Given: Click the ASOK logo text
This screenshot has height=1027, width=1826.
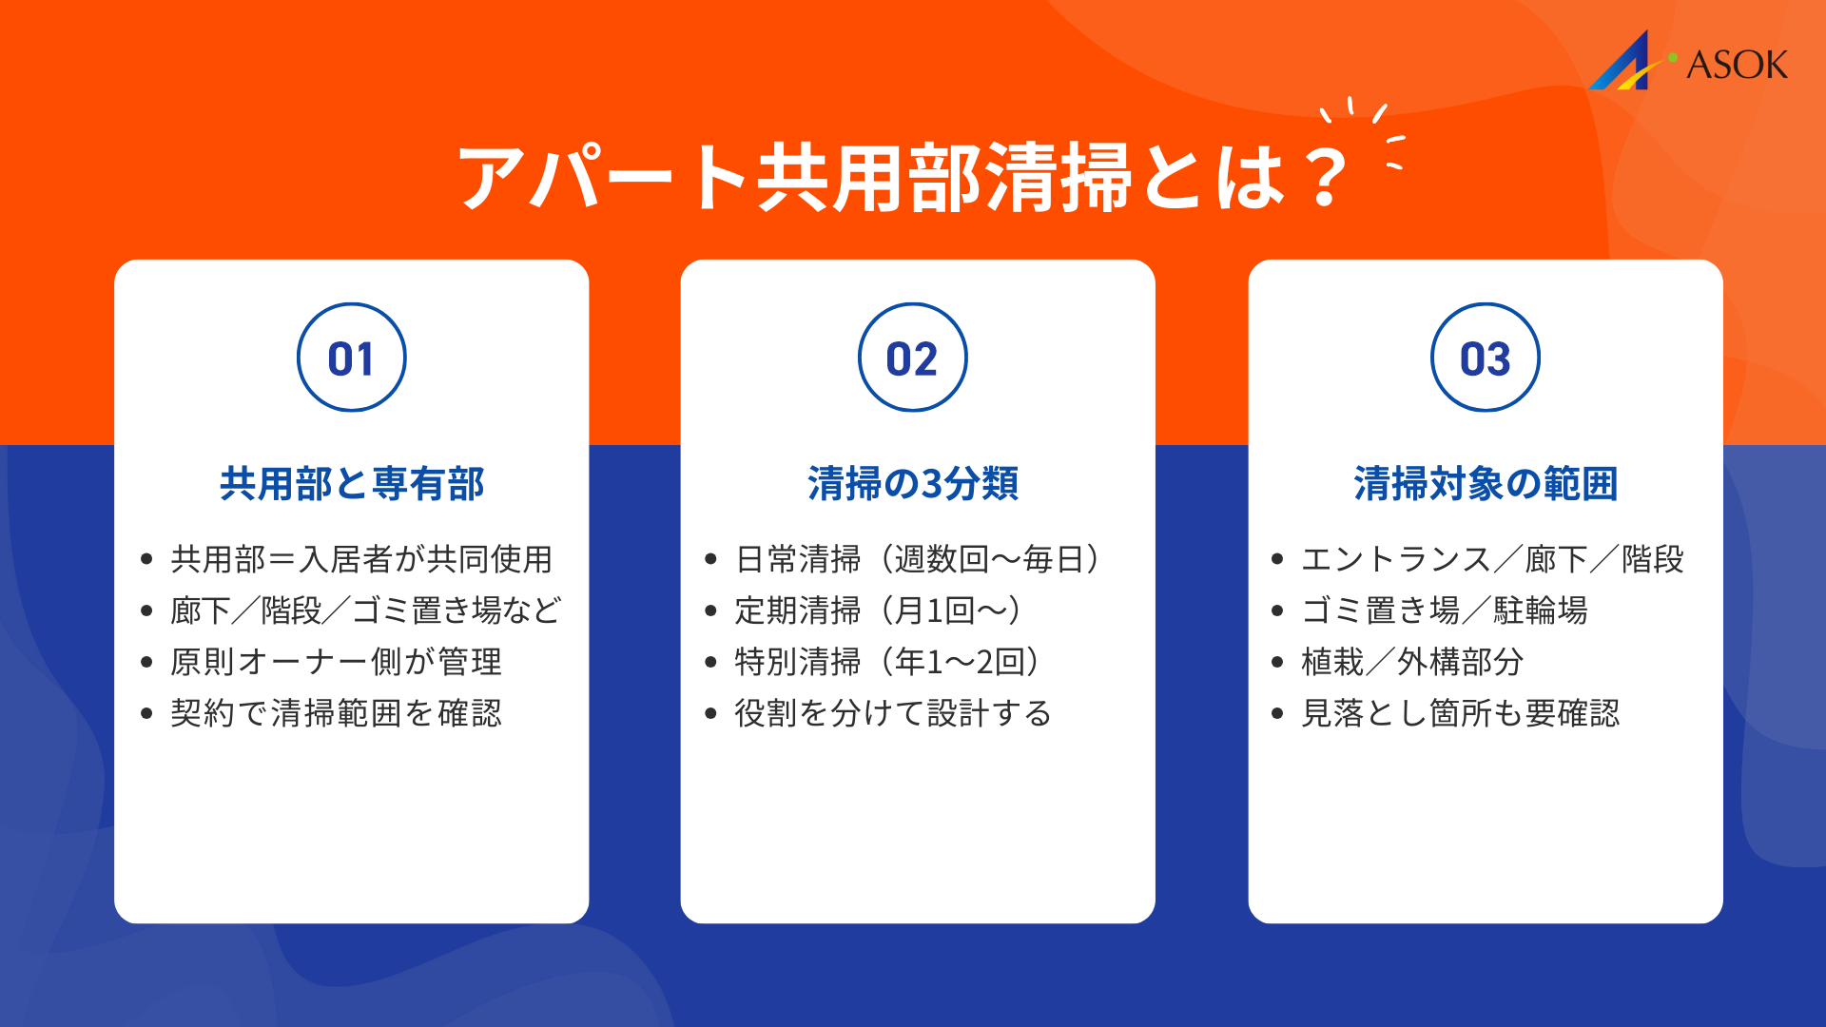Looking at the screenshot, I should click(x=1737, y=65).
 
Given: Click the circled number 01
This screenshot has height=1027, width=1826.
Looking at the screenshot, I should click(x=352, y=358).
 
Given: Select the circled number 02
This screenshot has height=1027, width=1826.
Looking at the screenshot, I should click(x=913, y=358).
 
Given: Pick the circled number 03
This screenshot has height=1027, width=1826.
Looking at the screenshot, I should click(x=1486, y=358).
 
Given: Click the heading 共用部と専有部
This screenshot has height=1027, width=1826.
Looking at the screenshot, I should click(x=352, y=484).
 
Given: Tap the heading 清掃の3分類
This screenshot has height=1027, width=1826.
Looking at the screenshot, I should click(x=913, y=484).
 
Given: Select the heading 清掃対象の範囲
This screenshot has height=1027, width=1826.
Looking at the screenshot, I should click(x=1486, y=484).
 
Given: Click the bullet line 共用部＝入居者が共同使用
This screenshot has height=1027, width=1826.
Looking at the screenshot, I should click(x=361, y=559).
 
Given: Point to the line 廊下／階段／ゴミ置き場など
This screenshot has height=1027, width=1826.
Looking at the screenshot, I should click(x=366, y=610).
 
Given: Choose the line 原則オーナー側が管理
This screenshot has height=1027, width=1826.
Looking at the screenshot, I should click(x=336, y=662).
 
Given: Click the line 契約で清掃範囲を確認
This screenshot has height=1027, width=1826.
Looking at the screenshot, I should click(x=336, y=713).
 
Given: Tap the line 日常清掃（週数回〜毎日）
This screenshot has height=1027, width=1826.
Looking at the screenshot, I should click(x=918, y=559).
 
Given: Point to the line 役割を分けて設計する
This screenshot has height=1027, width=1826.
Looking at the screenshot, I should click(x=893, y=713).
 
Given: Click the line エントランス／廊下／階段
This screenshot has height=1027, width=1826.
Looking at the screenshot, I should click(x=1492, y=559).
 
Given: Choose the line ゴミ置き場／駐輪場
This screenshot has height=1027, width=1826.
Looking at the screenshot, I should click(x=1445, y=610).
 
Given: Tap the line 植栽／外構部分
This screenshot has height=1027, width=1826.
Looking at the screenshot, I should click(x=1412, y=662).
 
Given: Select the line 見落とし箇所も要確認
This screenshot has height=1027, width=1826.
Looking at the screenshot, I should click(x=1460, y=713).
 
